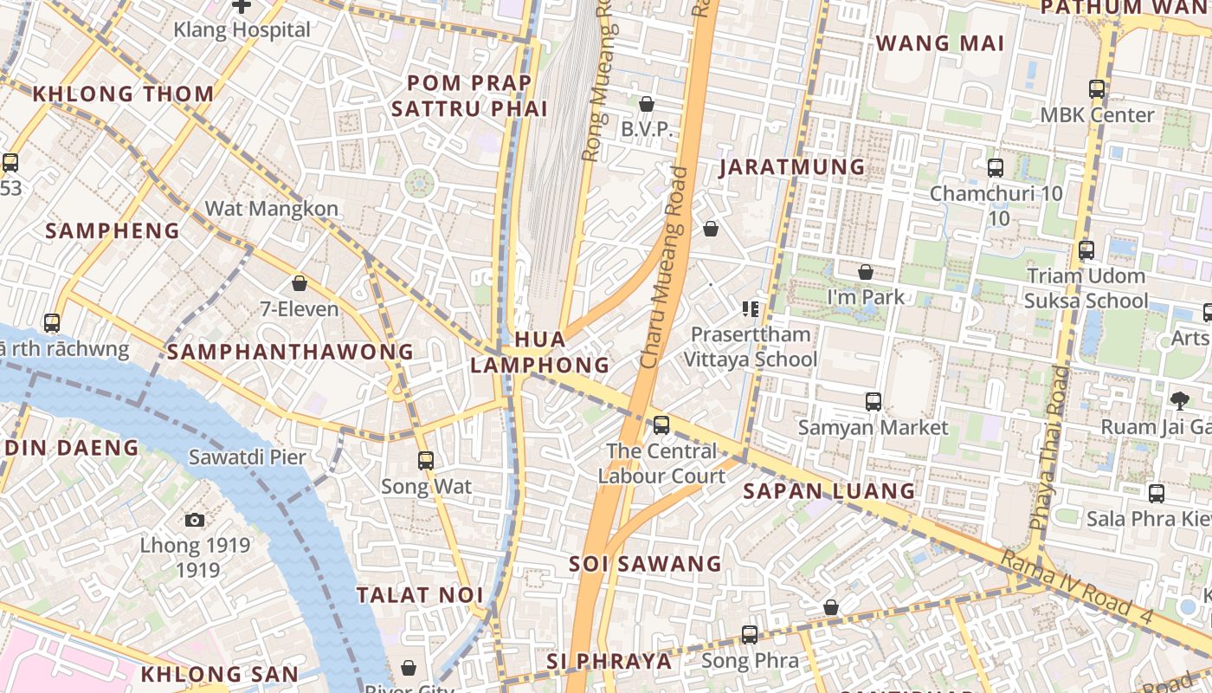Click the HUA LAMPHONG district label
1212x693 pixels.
(x=540, y=352)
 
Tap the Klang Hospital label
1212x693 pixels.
(x=242, y=29)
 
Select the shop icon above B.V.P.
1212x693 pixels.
(x=646, y=105)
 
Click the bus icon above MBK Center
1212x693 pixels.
(x=1097, y=88)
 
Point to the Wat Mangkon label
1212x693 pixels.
(x=271, y=209)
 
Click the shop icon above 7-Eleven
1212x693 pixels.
(x=300, y=283)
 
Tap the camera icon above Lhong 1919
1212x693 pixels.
(x=195, y=520)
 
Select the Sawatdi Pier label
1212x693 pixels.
(x=248, y=457)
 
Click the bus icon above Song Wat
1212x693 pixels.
(x=426, y=460)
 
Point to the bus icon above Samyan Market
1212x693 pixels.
(x=874, y=402)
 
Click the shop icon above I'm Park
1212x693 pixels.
(x=866, y=272)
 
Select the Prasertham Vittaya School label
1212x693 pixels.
(x=751, y=346)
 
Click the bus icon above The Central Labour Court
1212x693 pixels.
(x=661, y=424)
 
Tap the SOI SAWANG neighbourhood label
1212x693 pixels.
(x=645, y=564)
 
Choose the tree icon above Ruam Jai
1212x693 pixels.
(x=1179, y=400)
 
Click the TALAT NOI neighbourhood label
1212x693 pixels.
(x=420, y=595)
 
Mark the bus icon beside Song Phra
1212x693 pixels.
(x=750, y=635)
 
